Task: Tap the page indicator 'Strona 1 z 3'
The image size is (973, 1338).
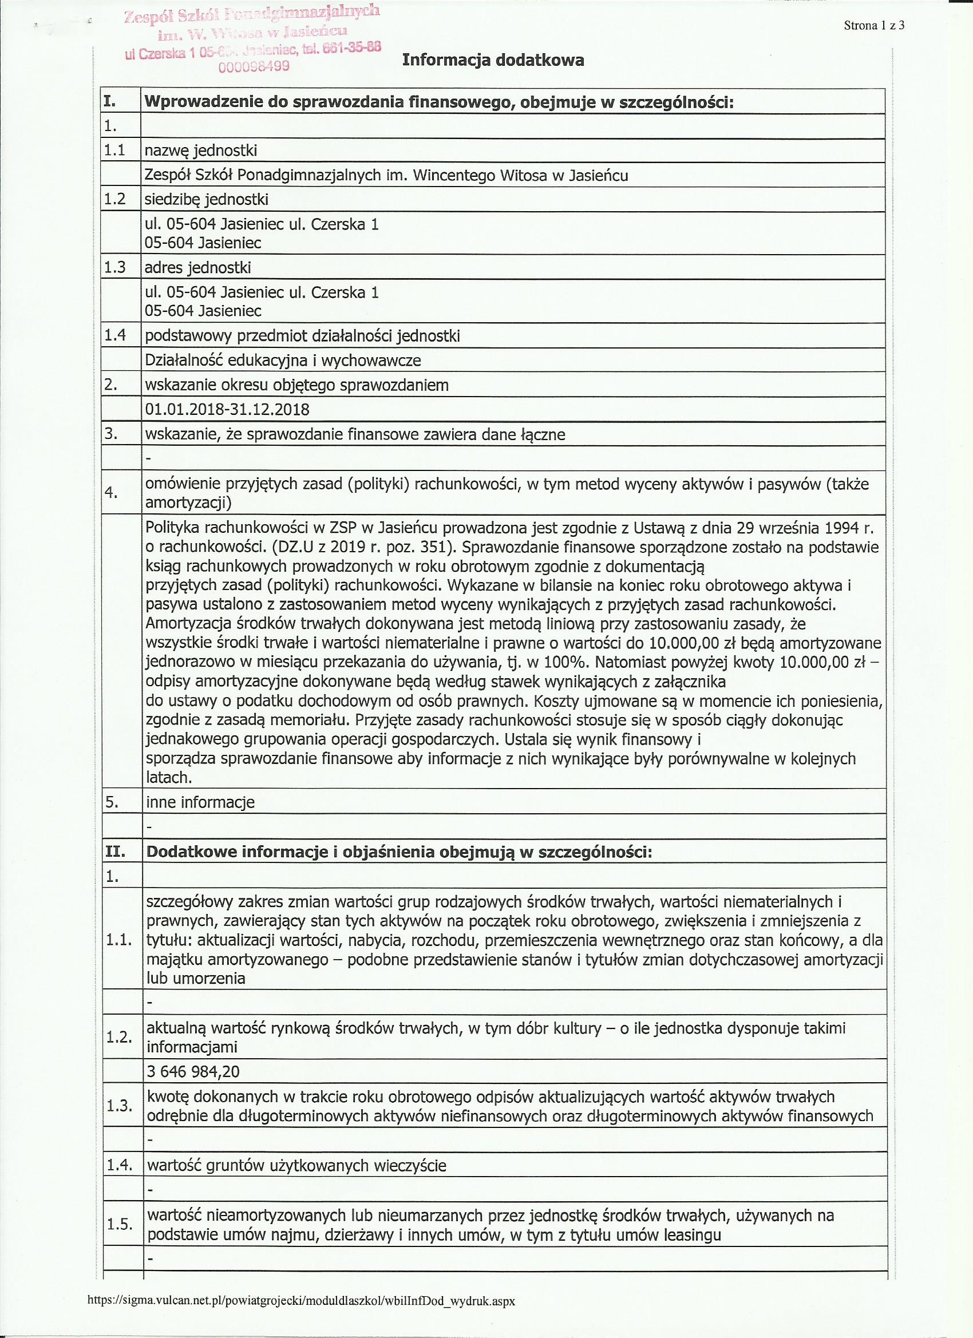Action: [x=874, y=25]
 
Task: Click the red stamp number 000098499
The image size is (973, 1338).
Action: [x=254, y=66]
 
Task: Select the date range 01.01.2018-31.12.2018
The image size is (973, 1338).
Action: [x=227, y=409]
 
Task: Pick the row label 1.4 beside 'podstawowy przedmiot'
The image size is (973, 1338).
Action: [x=115, y=336]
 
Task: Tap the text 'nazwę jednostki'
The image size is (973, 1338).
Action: [x=201, y=151]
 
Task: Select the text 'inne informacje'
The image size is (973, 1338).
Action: [x=200, y=802]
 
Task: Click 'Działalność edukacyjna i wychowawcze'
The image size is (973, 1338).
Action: [x=283, y=361]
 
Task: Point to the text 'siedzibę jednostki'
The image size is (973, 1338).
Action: [x=207, y=199]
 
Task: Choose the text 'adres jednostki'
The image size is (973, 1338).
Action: [x=197, y=268]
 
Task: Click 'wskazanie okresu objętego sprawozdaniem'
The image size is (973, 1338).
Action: [x=296, y=385]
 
